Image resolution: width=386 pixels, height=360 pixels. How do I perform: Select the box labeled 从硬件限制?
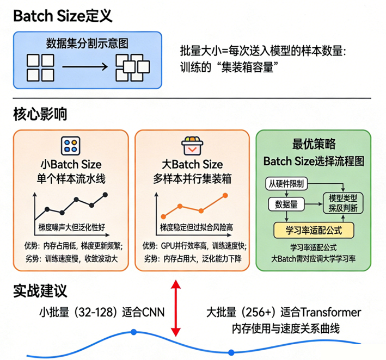pos(286,182)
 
